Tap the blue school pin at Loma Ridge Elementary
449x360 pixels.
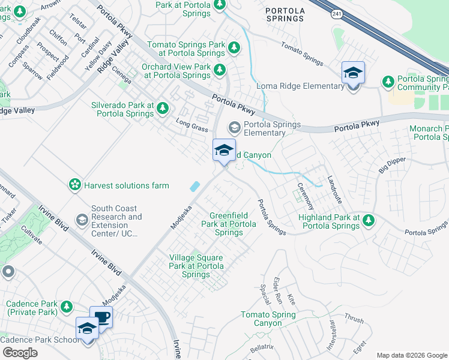pyautogui.click(x=353, y=74)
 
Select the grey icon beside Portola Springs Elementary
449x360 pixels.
pyautogui.click(x=234, y=128)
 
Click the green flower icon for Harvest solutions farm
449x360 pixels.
pyautogui.click(x=75, y=185)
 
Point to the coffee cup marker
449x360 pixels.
pyautogui.click(x=101, y=318)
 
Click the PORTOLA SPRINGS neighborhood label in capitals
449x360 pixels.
pyautogui.click(x=285, y=14)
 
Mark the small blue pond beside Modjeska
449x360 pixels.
pyautogui.click(x=195, y=187)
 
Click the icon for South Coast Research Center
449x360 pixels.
pyautogui.click(x=81, y=221)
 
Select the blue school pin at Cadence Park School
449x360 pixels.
pyautogui.click(x=87, y=329)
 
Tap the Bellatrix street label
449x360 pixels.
pyautogui.click(x=262, y=347)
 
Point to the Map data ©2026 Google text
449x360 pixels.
pyautogui.click(x=411, y=355)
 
